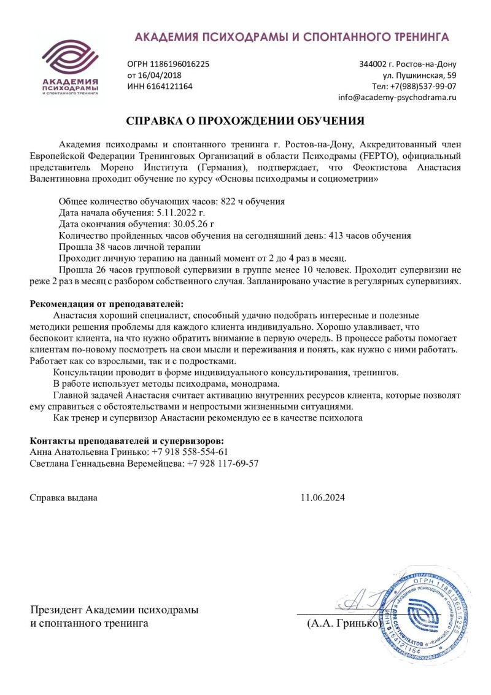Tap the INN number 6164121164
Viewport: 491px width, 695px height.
(168, 87)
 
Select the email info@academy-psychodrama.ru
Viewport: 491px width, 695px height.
(397, 98)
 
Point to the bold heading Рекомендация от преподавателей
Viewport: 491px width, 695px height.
(107, 304)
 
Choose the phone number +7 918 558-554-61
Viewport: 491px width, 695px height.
(190, 451)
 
